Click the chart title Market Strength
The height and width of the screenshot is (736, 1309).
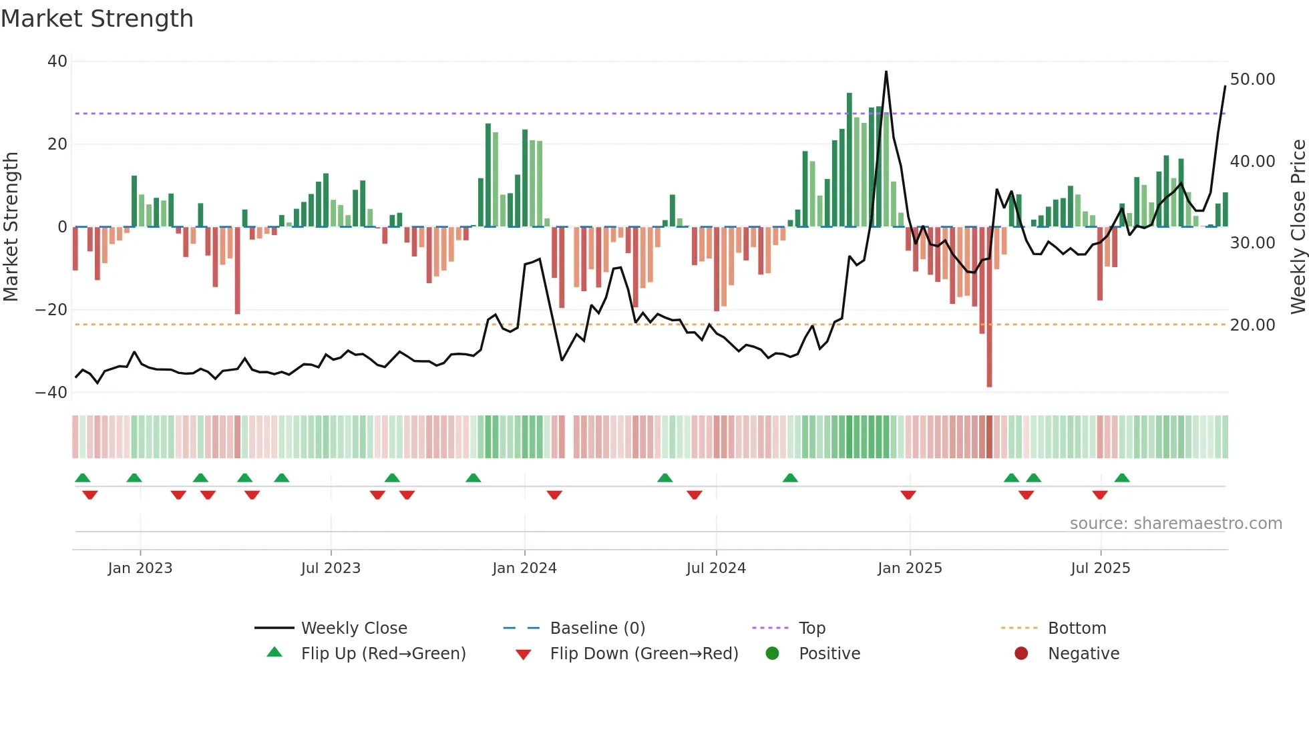98,19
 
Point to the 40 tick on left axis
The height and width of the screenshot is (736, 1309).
57,61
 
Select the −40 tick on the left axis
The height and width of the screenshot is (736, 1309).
51,393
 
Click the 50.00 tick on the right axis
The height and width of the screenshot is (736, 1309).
1252,79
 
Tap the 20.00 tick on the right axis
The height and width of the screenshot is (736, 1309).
1252,325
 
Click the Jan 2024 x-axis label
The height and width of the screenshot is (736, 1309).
524,568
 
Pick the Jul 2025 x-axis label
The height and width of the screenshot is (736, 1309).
1100,568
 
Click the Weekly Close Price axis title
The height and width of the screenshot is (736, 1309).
1298,227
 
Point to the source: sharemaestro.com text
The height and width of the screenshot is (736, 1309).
1175,524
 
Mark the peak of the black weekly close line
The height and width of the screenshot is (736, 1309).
886,72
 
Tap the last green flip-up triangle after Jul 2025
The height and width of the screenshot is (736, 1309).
1122,478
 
